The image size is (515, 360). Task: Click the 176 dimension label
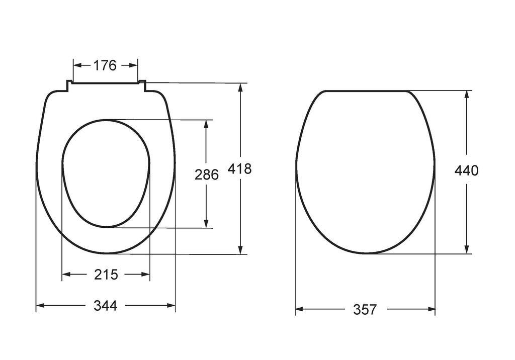point(105,65)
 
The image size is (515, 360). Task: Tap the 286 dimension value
point(207,174)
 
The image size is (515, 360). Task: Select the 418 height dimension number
point(240,169)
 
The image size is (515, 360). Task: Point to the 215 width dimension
point(106,274)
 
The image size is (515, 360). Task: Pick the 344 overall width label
point(106,306)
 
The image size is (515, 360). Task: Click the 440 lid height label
point(466,170)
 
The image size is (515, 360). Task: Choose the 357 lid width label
point(365,309)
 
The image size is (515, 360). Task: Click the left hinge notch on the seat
point(69,85)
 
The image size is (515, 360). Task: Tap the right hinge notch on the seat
point(142,85)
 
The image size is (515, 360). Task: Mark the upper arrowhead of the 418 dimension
point(241,87)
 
